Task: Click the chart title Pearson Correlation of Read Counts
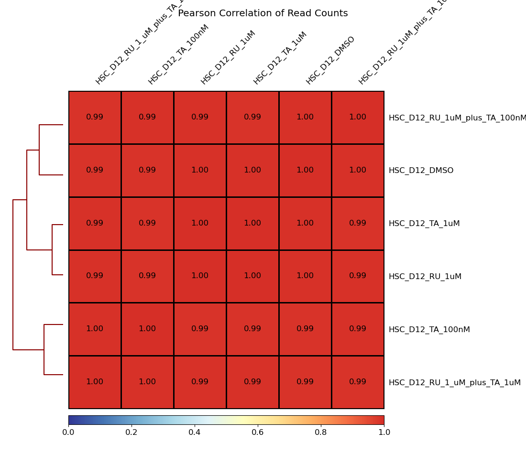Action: [x=263, y=13]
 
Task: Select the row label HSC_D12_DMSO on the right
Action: [x=421, y=171]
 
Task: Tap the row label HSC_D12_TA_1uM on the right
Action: [x=424, y=224]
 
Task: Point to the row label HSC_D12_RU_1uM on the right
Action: [x=425, y=277]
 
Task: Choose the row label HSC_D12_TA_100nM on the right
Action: [x=429, y=330]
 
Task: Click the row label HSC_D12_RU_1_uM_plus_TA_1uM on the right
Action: [x=454, y=383]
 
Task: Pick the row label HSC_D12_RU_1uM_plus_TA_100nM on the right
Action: [x=457, y=118]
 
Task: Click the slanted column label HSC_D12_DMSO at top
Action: [x=330, y=60]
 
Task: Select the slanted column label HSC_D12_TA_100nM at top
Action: [x=178, y=54]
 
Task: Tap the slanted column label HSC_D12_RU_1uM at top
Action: [x=228, y=57]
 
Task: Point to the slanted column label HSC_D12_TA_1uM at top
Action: [x=280, y=58]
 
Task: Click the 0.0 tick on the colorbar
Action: [x=68, y=432]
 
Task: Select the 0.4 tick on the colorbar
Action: [x=195, y=432]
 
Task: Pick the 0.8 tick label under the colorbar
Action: [x=321, y=432]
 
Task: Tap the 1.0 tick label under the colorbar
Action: [x=384, y=432]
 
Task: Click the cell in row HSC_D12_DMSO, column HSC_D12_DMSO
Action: [x=305, y=171]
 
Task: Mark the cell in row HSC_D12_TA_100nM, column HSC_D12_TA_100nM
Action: [x=147, y=329]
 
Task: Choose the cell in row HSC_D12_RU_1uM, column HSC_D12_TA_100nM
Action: [x=147, y=276]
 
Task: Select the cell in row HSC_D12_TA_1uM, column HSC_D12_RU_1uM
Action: [x=200, y=223]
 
